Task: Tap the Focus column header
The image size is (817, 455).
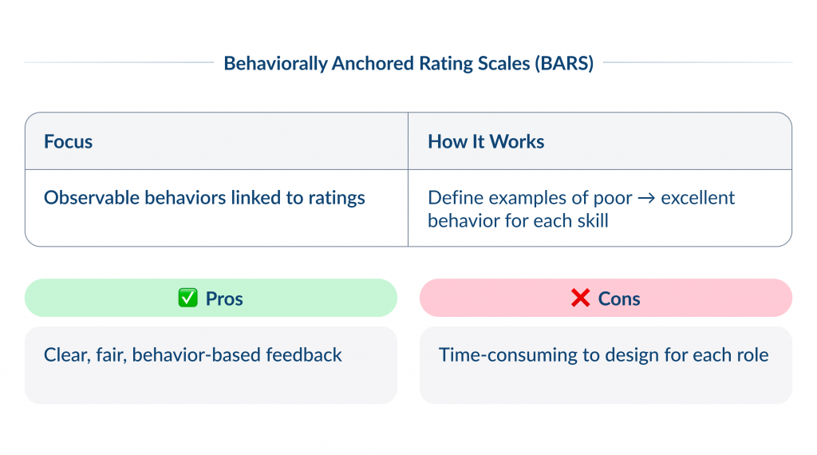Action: [69, 142]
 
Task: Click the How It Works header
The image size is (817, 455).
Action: [486, 142]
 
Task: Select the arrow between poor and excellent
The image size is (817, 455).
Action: [649, 198]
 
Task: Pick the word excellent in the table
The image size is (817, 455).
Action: [699, 198]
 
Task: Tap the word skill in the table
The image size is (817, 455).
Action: [590, 220]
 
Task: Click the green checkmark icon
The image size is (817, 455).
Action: [187, 299]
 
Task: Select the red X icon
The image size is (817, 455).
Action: [580, 299]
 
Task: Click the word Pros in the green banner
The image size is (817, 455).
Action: [224, 299]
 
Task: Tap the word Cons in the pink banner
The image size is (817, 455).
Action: [619, 299]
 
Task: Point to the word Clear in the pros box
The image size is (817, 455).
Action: [65, 354]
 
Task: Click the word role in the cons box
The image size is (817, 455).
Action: [751, 354]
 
